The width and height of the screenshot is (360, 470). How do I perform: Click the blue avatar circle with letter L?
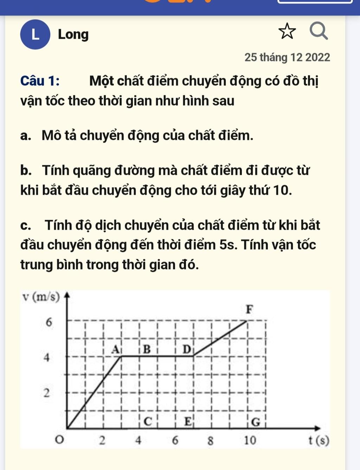tap(35, 34)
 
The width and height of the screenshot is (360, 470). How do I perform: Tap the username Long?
tap(73, 34)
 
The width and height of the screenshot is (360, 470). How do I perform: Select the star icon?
tap(287, 31)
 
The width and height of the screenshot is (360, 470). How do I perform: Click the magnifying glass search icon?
tap(319, 31)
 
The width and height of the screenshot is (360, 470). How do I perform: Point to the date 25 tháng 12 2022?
tap(287, 57)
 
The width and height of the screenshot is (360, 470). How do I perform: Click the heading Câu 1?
tap(40, 81)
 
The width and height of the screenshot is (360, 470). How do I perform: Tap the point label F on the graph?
tap(249, 310)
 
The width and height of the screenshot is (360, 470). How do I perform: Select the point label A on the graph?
tap(115, 349)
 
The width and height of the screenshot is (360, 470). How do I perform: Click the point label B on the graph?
tap(147, 349)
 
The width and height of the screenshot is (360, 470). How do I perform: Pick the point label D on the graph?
tap(187, 349)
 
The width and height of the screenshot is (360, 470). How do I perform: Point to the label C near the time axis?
tap(148, 421)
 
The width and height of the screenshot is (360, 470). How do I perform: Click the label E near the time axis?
tap(188, 421)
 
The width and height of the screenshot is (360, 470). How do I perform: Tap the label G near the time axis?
tap(256, 421)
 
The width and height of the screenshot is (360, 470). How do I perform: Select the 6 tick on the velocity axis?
tap(49, 322)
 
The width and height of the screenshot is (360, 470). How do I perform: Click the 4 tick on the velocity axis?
tap(46, 358)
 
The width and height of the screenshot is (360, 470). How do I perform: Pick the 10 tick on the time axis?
tap(250, 440)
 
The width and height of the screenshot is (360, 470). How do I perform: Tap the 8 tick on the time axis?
tap(210, 440)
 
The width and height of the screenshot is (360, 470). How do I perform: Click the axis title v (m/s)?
tap(40, 297)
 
